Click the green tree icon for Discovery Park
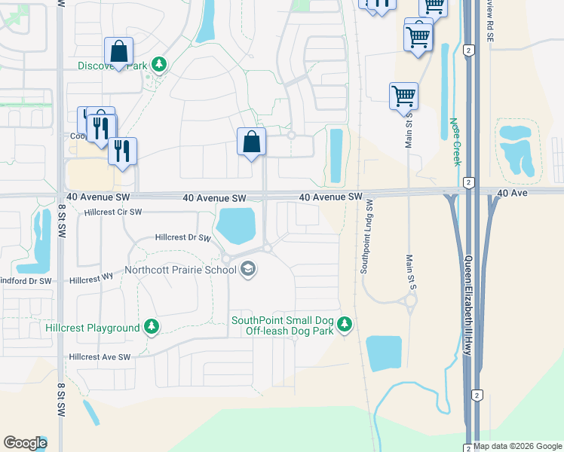pyautogui.click(x=159, y=66)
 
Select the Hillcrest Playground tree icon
pyautogui.click(x=152, y=327)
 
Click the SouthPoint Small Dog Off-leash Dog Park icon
pyautogui.click(x=345, y=325)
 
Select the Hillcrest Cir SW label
pyautogui.click(x=113, y=212)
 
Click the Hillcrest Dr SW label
pyautogui.click(x=182, y=237)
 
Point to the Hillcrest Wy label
pyautogui.click(x=90, y=279)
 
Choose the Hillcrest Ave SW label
pyautogui.click(x=100, y=357)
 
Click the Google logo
pyautogui.click(x=24, y=443)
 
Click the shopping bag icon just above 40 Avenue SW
pyautogui.click(x=251, y=142)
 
